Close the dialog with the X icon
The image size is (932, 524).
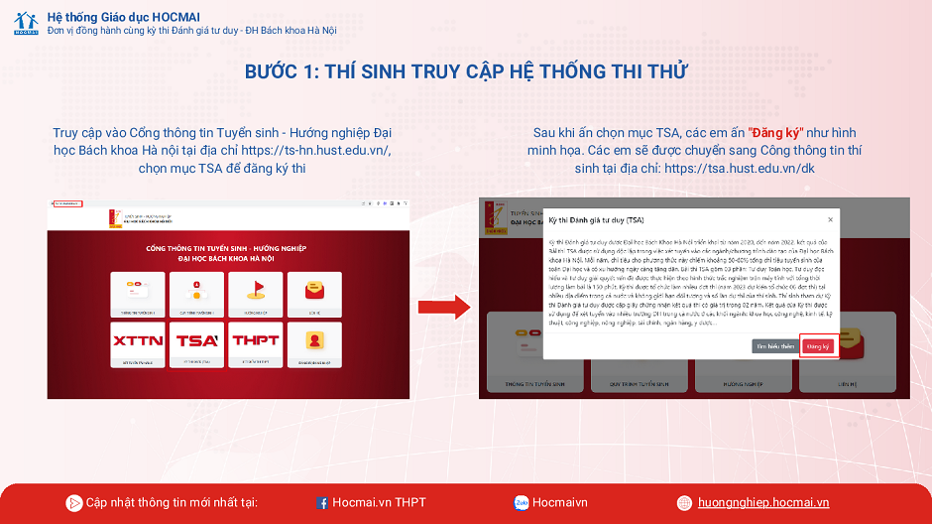829,219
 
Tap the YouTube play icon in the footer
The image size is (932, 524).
73,503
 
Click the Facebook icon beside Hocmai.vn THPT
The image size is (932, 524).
322,503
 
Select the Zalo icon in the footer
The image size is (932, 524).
521,503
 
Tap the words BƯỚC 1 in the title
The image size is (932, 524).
281,72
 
